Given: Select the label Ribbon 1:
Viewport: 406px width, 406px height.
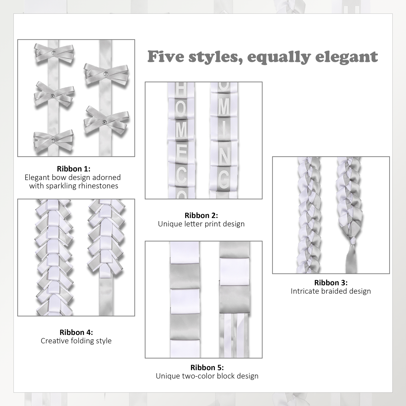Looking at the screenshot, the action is (x=74, y=169).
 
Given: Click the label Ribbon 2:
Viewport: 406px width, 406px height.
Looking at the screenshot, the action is (x=201, y=215).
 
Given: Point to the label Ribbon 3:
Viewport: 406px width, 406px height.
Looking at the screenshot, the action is (x=331, y=283).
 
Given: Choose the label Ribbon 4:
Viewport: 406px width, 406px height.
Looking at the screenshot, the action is (x=76, y=332).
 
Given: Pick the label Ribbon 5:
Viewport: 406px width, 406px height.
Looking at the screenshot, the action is (x=207, y=368).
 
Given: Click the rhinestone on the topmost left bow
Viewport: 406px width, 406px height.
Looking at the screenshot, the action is (x=54, y=52).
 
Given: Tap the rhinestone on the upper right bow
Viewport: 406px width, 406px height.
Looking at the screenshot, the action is (x=106, y=74).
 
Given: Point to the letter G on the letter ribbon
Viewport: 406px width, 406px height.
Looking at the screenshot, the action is (x=224, y=179).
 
